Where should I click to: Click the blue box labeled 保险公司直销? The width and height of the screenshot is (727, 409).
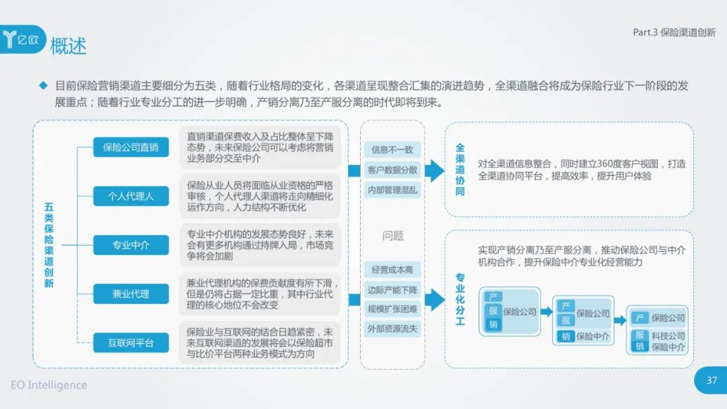tap(131, 147)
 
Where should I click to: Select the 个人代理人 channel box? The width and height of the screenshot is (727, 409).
tap(131, 196)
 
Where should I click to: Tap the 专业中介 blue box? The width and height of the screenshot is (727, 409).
tap(131, 245)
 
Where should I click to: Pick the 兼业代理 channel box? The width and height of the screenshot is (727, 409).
tap(131, 294)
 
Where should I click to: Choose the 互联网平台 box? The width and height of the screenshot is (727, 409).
tap(131, 343)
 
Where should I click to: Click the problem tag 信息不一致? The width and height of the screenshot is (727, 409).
tap(392, 149)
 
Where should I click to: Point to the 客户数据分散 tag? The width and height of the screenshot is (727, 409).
tap(392, 170)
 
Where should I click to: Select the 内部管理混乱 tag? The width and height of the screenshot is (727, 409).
tap(392, 190)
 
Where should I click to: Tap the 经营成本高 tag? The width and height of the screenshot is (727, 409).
tap(392, 270)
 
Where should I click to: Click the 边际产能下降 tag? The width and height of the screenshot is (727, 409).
tap(392, 290)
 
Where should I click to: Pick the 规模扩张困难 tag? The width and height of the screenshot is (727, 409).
tap(392, 309)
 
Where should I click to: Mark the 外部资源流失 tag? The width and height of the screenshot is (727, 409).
tap(392, 329)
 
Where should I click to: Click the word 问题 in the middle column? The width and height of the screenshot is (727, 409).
tap(392, 235)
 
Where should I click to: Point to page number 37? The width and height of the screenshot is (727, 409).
tap(712, 380)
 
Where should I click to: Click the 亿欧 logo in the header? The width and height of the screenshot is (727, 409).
tap(22, 40)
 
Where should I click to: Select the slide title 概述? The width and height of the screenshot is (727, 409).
tap(68, 46)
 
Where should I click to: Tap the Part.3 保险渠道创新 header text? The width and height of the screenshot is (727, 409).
tap(674, 32)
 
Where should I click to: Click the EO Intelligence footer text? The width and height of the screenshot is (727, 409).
tap(48, 385)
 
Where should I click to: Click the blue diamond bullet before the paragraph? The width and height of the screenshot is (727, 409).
tap(44, 85)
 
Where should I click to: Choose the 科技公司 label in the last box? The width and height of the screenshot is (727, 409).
tap(668, 336)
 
